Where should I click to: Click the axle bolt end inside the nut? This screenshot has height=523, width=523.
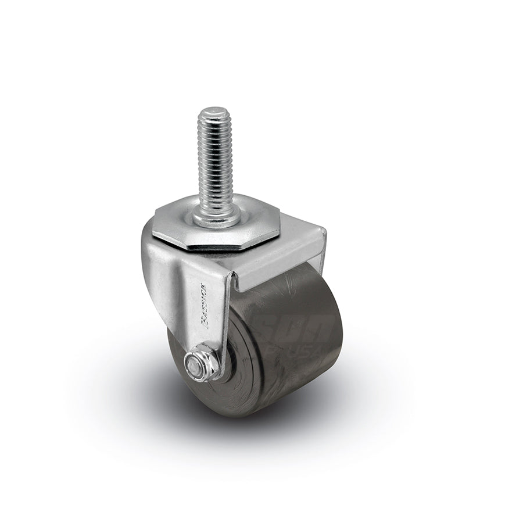point(192,366)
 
